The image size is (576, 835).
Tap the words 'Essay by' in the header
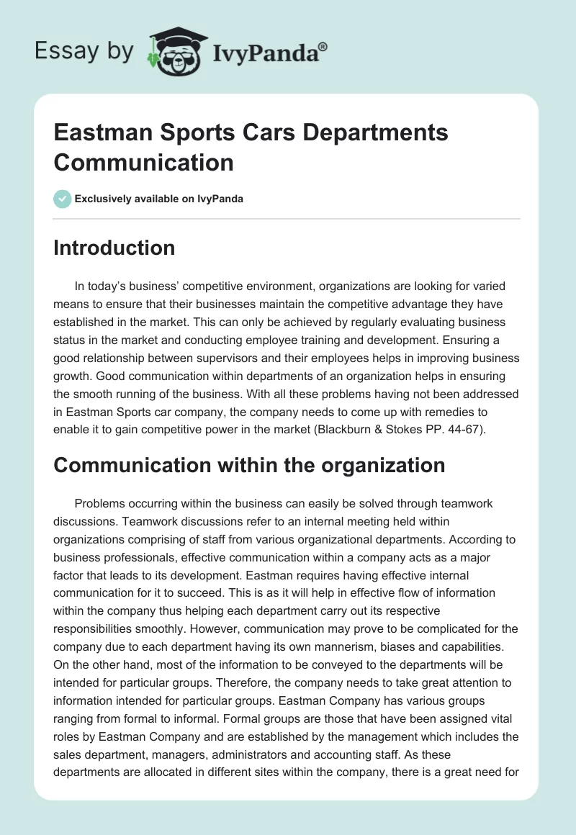(x=85, y=51)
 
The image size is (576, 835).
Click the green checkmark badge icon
(x=63, y=199)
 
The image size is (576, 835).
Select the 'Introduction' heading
(x=114, y=248)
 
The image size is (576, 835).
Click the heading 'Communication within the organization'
(x=249, y=465)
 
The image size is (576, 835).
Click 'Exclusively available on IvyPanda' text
(x=159, y=199)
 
